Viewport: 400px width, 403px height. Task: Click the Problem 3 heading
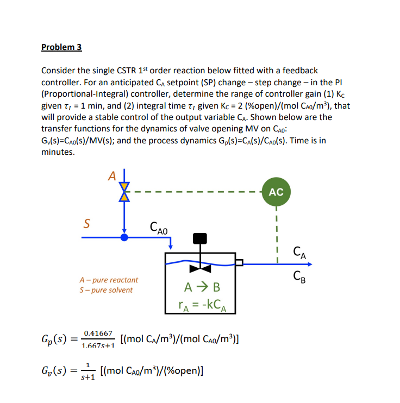tap(61, 47)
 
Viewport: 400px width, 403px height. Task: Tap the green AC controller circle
tap(276, 192)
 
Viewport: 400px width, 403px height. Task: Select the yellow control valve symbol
tap(125, 192)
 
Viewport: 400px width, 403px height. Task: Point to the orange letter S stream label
tap(86, 224)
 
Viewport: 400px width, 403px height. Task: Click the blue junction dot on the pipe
tap(125, 237)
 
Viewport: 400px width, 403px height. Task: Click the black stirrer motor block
tap(201, 238)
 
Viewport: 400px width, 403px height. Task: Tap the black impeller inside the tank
tap(201, 268)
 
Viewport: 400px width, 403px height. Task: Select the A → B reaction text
tap(201, 287)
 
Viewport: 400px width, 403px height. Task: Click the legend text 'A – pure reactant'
tap(109, 280)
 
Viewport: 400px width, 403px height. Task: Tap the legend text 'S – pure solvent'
tap(106, 290)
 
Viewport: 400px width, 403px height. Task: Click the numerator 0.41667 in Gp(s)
tap(98, 332)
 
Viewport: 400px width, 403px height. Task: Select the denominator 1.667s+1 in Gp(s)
tap(98, 345)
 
